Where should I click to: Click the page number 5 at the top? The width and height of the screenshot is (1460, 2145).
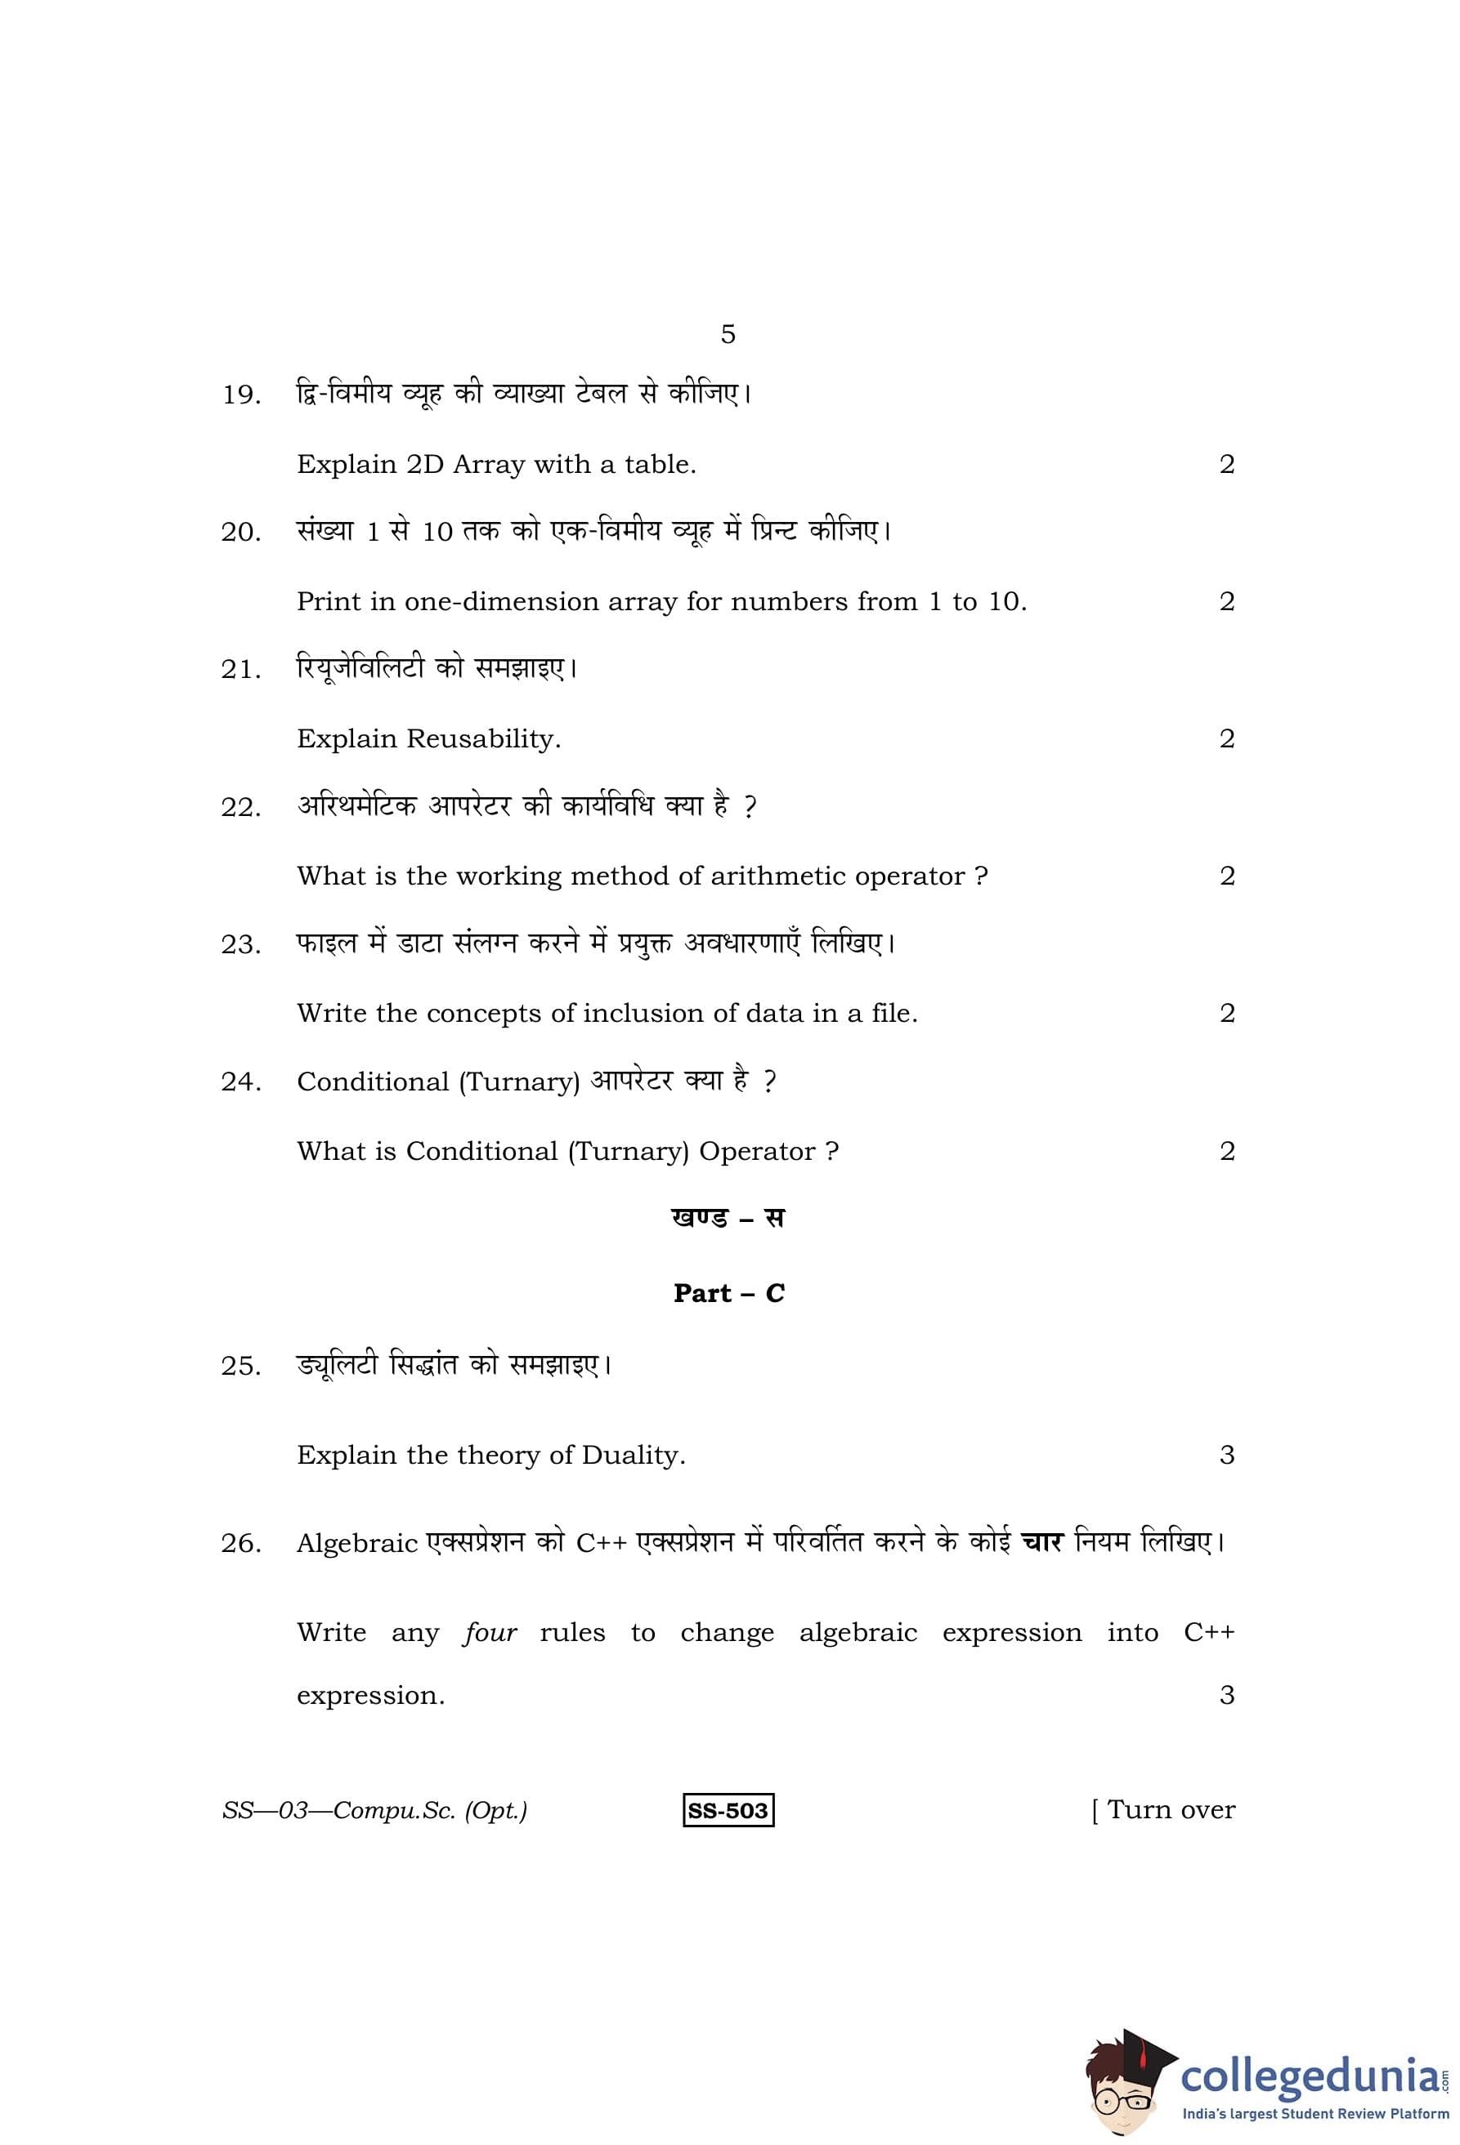click(728, 334)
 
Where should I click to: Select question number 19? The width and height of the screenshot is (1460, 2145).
click(241, 395)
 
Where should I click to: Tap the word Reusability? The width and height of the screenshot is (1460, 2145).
click(483, 739)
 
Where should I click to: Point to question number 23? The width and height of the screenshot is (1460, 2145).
click(241, 945)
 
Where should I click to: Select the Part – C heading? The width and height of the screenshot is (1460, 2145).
click(728, 1293)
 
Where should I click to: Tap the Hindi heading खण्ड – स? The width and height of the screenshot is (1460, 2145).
click(728, 1219)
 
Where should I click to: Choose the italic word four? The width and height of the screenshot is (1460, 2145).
click(490, 1633)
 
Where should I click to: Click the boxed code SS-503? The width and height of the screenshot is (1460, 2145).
click(728, 1810)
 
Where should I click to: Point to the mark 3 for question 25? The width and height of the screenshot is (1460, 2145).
click(1226, 1456)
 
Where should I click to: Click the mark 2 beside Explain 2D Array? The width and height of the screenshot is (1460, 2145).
click(1226, 464)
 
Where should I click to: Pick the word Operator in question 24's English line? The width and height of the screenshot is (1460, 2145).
click(757, 1152)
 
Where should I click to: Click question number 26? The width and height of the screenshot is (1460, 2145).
click(241, 1544)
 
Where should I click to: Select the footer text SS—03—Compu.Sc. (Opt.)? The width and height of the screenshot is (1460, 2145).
click(374, 1811)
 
